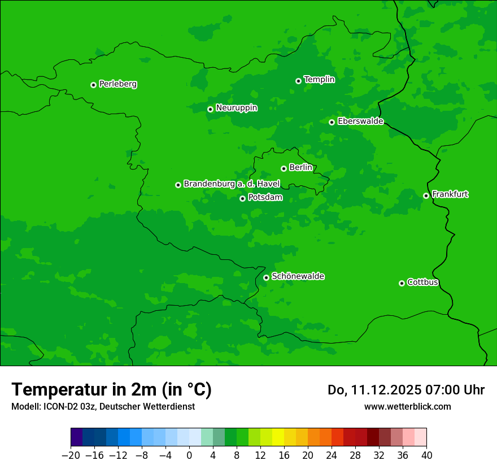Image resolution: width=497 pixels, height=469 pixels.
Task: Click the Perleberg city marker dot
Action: tap(93, 85)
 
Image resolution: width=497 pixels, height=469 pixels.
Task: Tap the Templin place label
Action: tap(319, 80)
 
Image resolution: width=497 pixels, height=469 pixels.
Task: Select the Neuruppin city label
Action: tap(236, 108)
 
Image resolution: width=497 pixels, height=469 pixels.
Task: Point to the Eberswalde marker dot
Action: tap(332, 122)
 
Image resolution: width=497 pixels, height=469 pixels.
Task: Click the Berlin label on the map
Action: tap(300, 167)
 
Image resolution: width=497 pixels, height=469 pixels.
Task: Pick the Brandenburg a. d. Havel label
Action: tap(232, 184)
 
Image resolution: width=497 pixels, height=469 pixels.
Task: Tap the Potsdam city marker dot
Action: tap(242, 198)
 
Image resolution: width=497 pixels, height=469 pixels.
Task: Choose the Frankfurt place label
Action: tap(450, 194)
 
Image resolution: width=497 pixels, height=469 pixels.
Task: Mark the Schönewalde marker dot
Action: tap(266, 277)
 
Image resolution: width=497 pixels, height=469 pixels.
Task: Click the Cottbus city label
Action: tap(422, 282)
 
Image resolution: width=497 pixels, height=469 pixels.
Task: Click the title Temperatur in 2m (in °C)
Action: tap(111, 389)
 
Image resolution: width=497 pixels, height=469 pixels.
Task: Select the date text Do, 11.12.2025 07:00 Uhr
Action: tap(406, 390)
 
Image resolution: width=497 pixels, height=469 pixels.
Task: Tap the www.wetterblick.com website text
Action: tap(407, 406)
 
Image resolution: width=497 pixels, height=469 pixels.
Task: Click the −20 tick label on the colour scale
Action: tap(71, 455)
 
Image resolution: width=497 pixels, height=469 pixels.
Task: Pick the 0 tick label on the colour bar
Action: tap(189, 455)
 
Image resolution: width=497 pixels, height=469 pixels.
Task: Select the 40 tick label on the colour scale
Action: tap(426, 455)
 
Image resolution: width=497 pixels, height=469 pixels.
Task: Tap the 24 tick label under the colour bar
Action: tap(332, 455)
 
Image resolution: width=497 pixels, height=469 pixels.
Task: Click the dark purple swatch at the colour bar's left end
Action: tap(76, 437)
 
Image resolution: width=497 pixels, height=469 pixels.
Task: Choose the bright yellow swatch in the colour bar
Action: tap(278, 437)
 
